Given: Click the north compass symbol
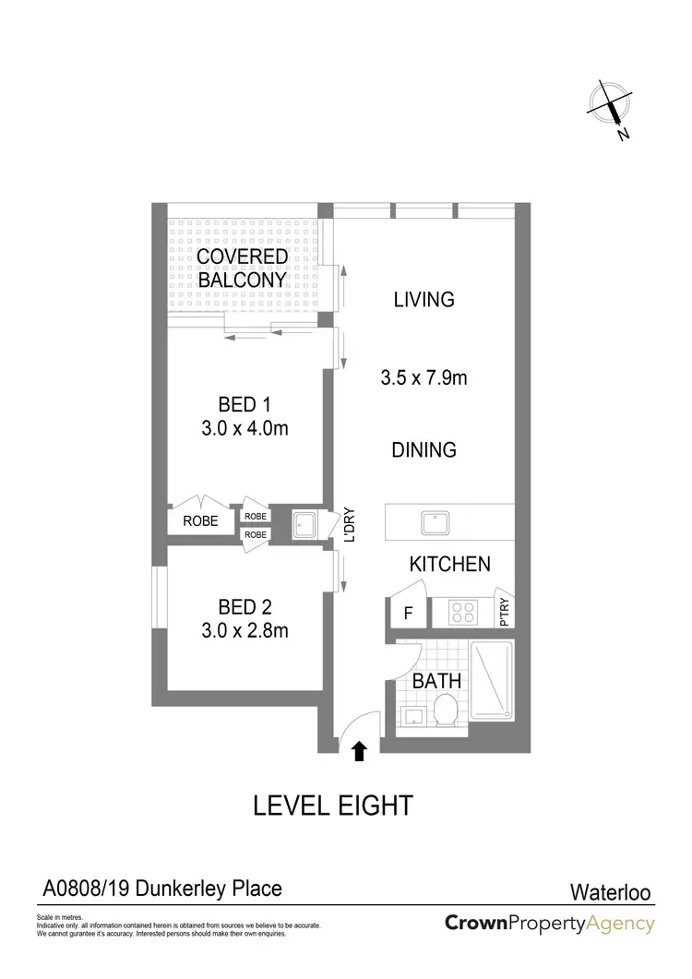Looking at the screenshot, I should (611, 107).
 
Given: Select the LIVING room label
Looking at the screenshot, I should (424, 299).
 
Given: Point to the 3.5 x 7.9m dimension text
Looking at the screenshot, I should (424, 377).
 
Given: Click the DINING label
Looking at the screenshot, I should (424, 450).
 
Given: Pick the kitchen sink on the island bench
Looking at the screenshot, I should (433, 522).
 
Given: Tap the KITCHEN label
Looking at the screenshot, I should (450, 564).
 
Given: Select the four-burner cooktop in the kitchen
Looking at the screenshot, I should (462, 612).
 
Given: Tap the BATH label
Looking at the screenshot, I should (436, 682).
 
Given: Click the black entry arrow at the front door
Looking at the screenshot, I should (360, 752).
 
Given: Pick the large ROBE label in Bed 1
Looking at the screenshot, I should (200, 521).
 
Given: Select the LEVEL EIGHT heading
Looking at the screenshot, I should (332, 805).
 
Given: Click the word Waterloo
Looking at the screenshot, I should (609, 892).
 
